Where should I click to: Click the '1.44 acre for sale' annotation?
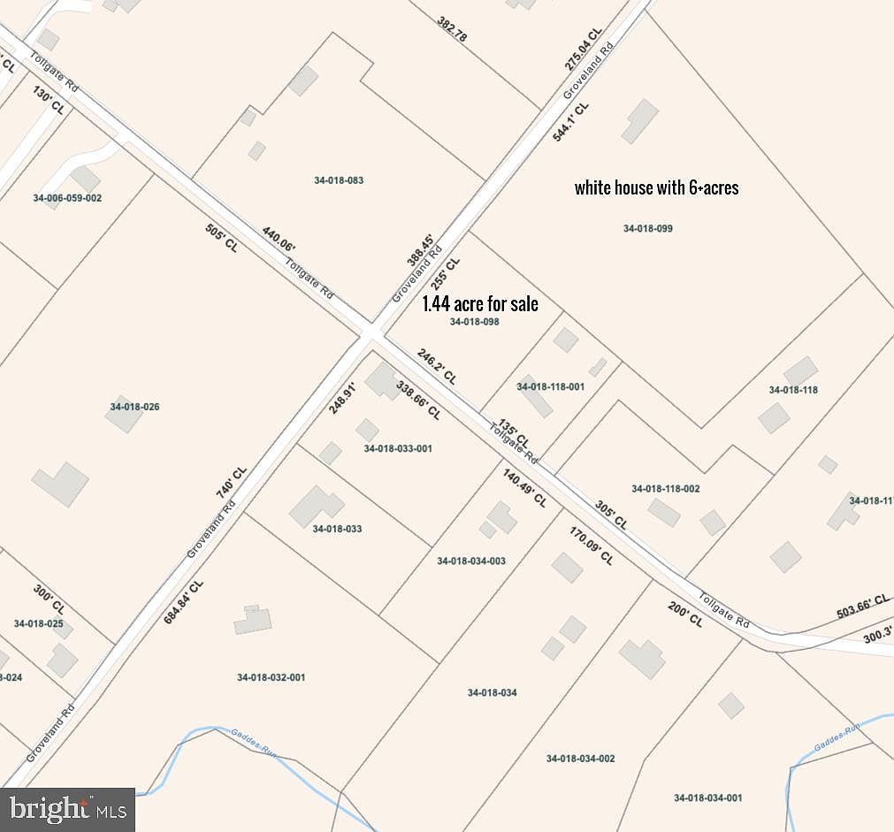tap(479, 304)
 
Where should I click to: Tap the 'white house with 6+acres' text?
tap(656, 187)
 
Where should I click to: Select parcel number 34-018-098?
tap(474, 322)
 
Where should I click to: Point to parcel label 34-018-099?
tap(647, 229)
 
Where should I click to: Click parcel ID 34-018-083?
tap(339, 180)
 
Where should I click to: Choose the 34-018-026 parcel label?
tap(134, 407)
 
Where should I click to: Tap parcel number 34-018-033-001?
tap(398, 448)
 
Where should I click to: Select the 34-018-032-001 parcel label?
tap(271, 678)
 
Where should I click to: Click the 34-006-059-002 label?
tap(67, 198)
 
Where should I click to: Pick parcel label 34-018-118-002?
tap(665, 489)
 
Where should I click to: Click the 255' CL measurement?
tap(446, 275)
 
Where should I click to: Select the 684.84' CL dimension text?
tap(183, 602)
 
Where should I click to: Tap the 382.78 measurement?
tap(451, 30)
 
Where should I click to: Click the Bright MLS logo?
tap(67, 809)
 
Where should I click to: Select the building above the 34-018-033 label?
tap(316, 505)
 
